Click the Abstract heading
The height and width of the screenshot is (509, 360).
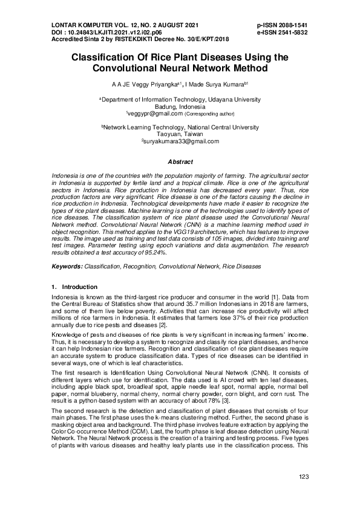point(180,162)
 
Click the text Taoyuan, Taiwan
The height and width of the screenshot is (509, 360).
point(180,134)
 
